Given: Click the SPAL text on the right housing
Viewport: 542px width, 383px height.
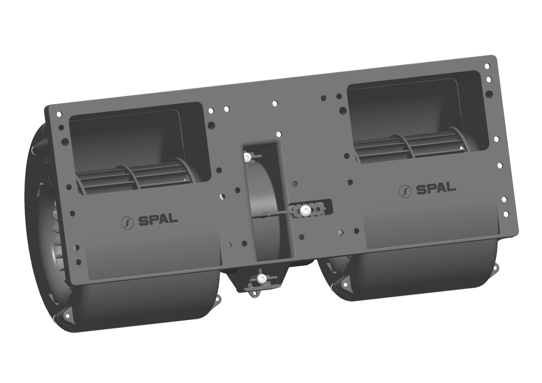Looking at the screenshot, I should [x=436, y=188].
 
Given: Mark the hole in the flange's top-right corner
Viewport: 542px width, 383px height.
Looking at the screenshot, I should [x=487, y=66].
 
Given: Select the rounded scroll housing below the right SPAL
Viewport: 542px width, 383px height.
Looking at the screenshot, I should [x=419, y=271].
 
